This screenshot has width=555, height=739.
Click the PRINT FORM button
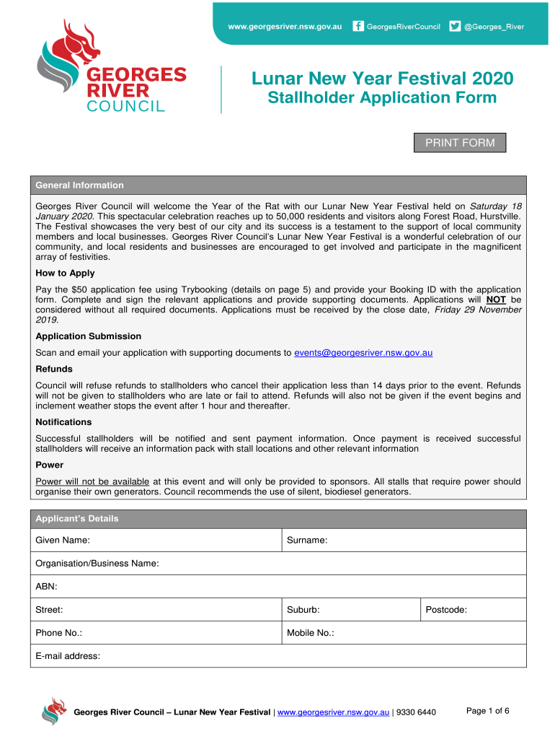click(460, 143)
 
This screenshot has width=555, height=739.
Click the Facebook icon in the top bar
click(358, 27)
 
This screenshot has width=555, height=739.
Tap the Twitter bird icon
click(455, 27)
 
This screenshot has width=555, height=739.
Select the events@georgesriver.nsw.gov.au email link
click(363, 353)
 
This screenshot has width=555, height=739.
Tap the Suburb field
click(368, 610)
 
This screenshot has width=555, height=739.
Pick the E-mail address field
click(303, 656)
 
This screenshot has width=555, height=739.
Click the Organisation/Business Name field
click(332, 563)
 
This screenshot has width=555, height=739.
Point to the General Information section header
click(80, 185)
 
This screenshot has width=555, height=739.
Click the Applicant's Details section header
click(77, 519)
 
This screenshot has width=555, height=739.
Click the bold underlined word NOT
click(496, 299)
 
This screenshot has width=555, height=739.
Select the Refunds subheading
click(54, 369)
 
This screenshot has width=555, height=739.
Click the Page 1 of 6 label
click(488, 711)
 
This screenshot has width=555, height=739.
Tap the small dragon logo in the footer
click(54, 711)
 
